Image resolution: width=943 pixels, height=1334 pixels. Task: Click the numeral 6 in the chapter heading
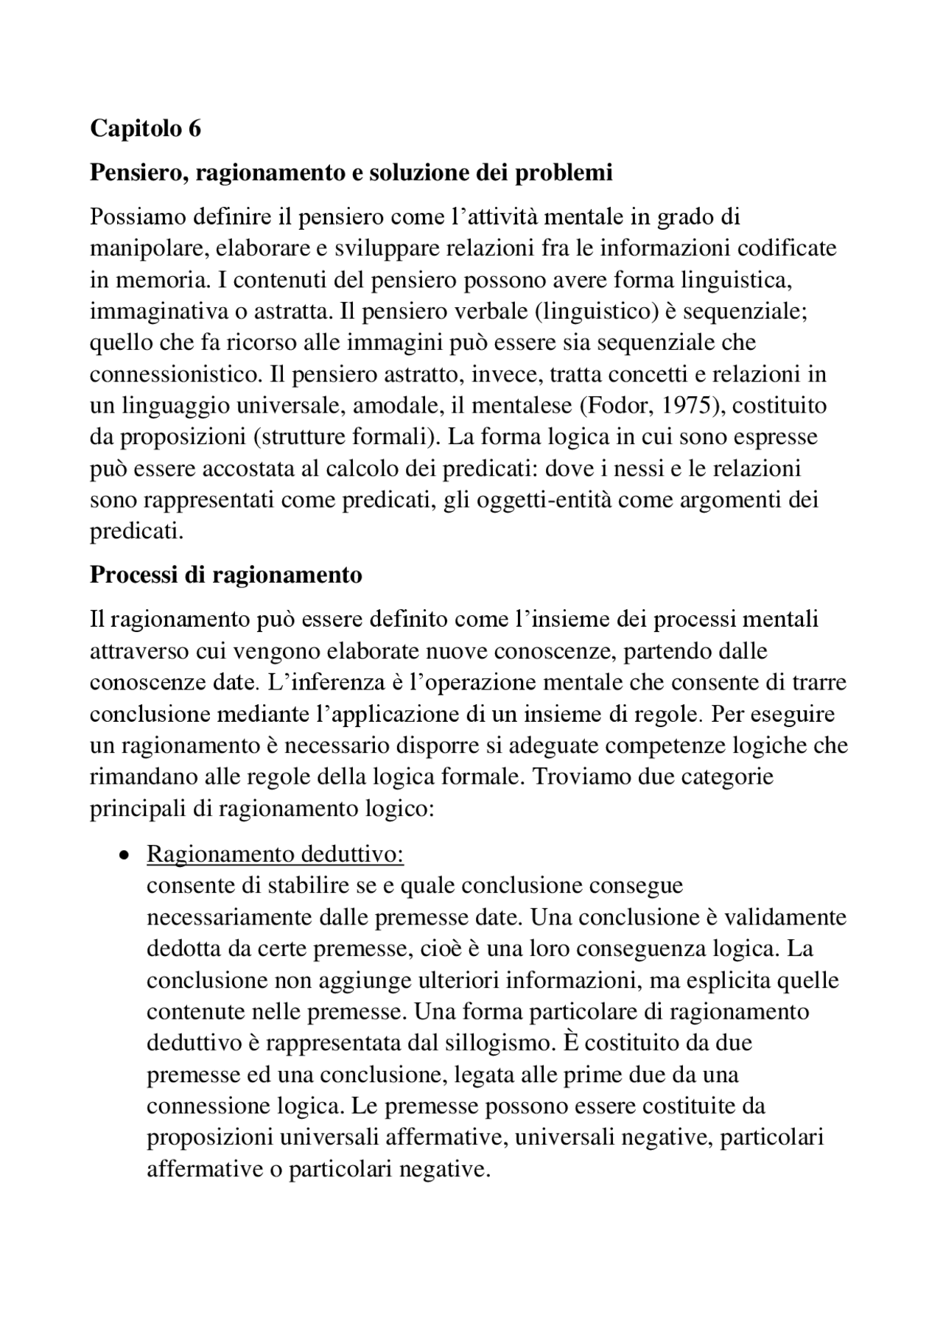[x=194, y=129]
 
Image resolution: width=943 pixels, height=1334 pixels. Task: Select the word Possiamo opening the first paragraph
[x=137, y=217]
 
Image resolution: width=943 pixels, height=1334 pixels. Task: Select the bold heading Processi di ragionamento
[x=226, y=575]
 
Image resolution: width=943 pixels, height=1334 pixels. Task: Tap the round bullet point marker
[x=123, y=856]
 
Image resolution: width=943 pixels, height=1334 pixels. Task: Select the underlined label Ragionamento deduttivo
[x=276, y=854]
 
